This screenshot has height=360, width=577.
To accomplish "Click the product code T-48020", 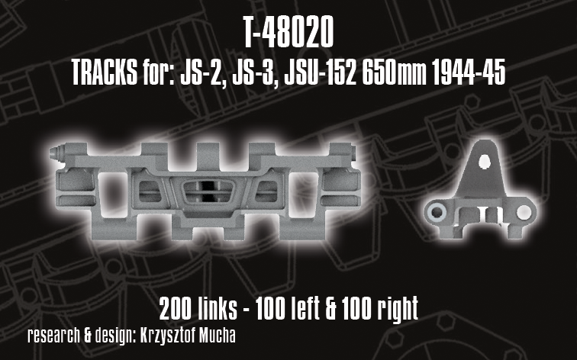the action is click(x=288, y=33).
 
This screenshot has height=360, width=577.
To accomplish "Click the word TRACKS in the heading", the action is click(x=104, y=72).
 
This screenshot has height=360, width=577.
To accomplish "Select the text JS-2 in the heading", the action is click(x=201, y=72).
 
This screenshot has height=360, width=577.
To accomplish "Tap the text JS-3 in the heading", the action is click(x=254, y=72).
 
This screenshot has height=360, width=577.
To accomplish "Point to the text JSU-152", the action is click(x=320, y=72).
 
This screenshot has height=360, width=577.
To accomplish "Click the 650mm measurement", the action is click(x=395, y=72).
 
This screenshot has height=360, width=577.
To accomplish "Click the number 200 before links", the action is click(x=176, y=308).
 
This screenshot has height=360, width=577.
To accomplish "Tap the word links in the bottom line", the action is click(x=218, y=308).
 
